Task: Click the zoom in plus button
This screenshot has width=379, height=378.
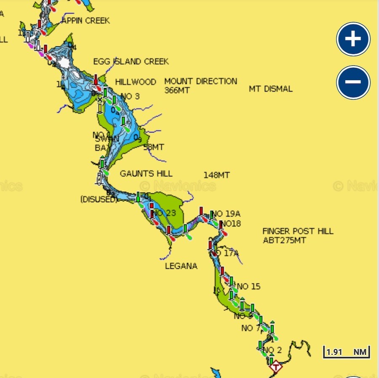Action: [x=353, y=39]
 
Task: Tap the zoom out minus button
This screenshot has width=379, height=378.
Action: [x=353, y=82]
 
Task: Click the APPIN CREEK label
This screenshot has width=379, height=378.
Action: [x=85, y=21]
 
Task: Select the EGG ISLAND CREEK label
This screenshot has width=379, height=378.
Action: [x=131, y=62]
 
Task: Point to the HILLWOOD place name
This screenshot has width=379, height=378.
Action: [x=136, y=82]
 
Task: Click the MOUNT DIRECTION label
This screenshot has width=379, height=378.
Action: [x=200, y=81]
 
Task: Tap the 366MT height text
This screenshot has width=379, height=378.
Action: [x=177, y=90]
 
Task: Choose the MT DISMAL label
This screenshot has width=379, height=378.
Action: [x=270, y=89]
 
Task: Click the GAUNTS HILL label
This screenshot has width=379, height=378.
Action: [x=146, y=173]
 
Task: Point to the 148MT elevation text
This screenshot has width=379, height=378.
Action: [x=216, y=175]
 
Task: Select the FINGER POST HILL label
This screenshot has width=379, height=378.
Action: [x=298, y=231]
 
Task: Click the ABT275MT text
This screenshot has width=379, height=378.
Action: [x=284, y=240]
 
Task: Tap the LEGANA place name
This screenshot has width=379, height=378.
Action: [x=181, y=266]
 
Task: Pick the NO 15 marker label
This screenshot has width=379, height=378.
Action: [x=248, y=287]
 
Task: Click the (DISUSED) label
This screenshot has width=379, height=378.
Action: [x=98, y=199]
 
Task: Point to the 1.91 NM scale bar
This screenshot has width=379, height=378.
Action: [x=346, y=351]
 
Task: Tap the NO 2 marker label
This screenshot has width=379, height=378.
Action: [x=272, y=350]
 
